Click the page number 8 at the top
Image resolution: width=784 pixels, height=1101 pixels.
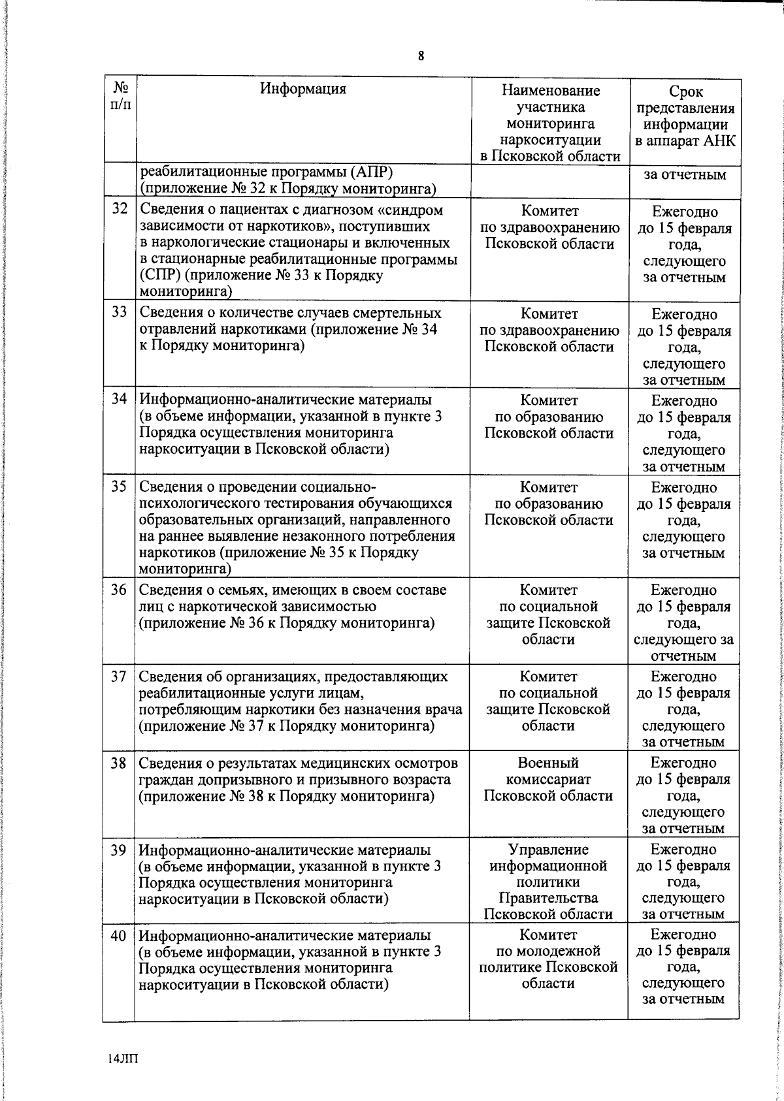[x=421, y=56]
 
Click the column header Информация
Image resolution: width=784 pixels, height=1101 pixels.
[x=303, y=89]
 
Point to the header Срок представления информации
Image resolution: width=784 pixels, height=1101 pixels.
[x=685, y=116]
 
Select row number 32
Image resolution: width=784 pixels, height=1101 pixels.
[x=119, y=210]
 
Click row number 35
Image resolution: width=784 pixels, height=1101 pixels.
[x=118, y=487]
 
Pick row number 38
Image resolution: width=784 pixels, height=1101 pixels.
[x=118, y=763]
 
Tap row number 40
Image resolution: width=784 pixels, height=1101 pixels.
[x=118, y=935]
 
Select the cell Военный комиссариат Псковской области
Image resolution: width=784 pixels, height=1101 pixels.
[x=548, y=779]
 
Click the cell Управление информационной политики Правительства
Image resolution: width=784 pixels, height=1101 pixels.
[x=548, y=882]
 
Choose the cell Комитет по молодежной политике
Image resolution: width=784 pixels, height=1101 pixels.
[x=548, y=959]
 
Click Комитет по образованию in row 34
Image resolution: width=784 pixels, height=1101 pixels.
[x=549, y=417]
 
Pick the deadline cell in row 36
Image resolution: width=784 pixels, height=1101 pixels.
[x=683, y=623]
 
